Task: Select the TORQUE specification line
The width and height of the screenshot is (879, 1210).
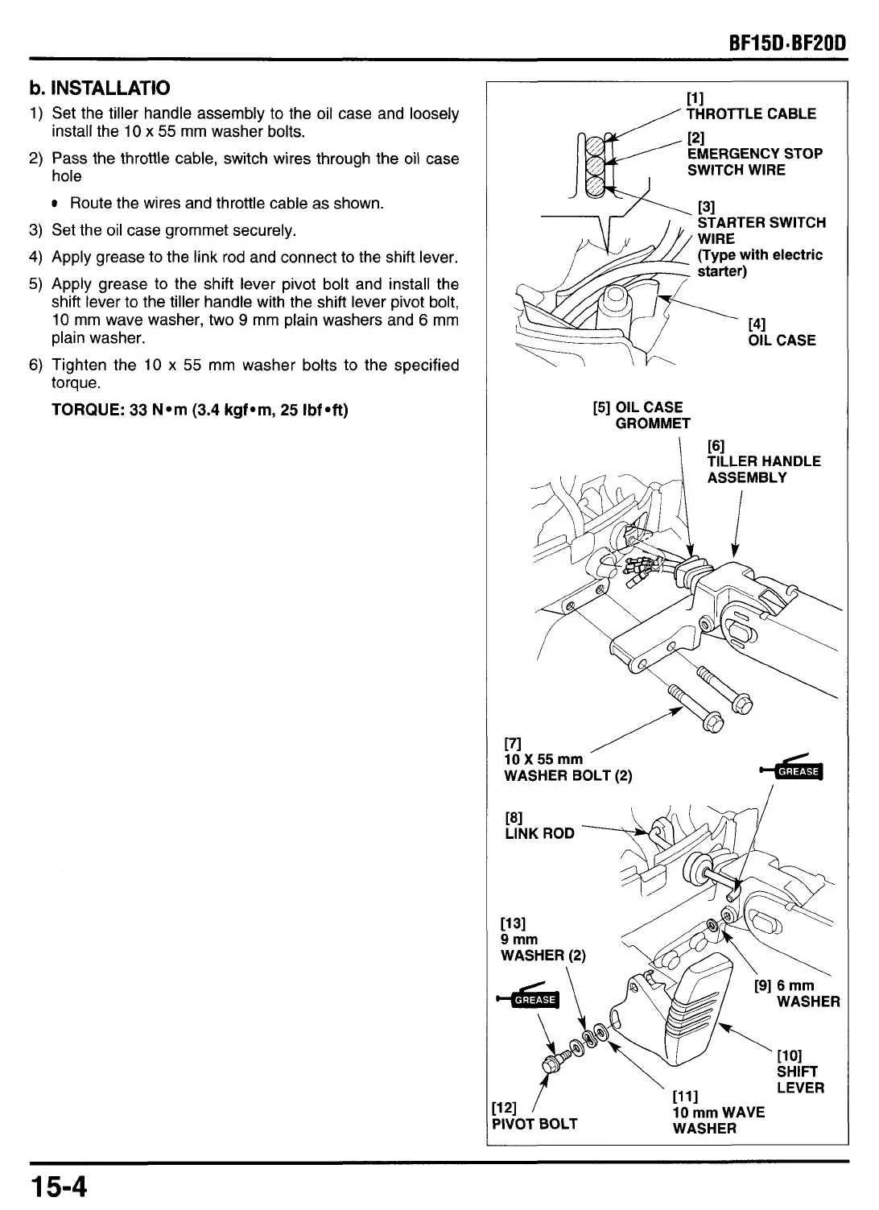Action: point(200,410)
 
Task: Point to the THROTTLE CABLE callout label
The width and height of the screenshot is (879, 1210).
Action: point(751,114)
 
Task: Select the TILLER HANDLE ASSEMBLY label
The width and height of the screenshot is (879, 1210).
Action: point(763,469)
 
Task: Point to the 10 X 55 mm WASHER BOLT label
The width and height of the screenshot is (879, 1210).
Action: point(567,767)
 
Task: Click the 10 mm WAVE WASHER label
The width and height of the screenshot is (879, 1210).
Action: point(717,1120)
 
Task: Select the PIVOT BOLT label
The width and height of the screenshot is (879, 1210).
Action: point(534,1124)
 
